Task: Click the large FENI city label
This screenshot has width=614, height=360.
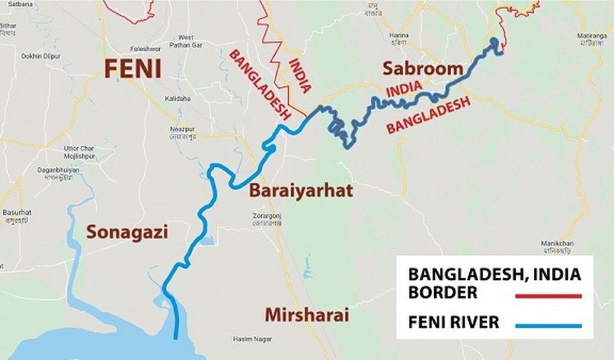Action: (x=132, y=68)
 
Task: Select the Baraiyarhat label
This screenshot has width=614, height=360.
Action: (x=301, y=191)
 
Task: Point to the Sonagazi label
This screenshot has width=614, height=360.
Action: (x=127, y=232)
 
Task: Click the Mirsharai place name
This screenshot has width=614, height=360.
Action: (x=306, y=315)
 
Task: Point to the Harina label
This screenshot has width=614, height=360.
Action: (x=398, y=36)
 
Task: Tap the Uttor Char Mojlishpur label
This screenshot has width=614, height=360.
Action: (x=79, y=152)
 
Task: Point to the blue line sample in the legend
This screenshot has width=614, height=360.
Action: (x=547, y=325)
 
